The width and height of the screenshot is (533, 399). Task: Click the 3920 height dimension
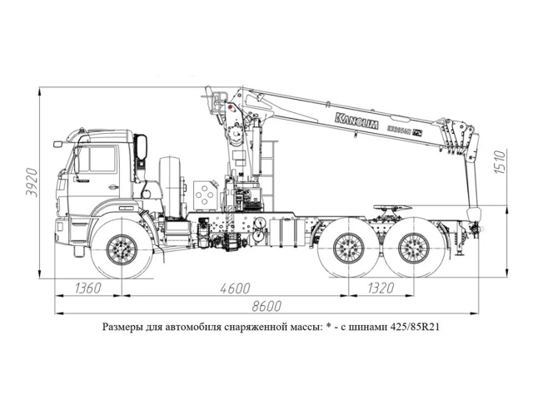(32, 182)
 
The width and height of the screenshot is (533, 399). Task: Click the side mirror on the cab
(141, 149)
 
